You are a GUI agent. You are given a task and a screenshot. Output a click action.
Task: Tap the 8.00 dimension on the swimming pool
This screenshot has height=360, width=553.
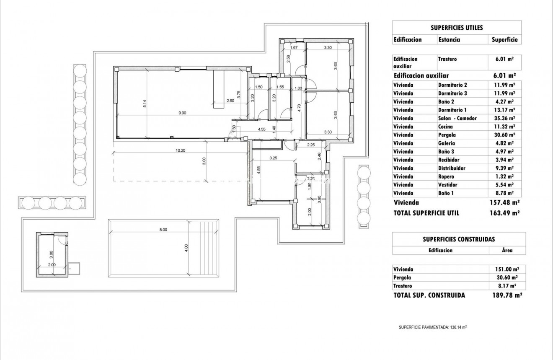[x=163, y=229]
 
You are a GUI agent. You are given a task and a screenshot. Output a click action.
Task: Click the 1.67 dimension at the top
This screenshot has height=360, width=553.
[x=294, y=48]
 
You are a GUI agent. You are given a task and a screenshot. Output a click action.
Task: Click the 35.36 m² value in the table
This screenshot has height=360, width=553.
[x=505, y=118]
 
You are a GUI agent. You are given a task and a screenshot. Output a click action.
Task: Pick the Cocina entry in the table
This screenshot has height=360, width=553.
[x=445, y=127]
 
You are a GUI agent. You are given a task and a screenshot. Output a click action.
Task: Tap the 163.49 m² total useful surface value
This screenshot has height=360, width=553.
[x=505, y=213]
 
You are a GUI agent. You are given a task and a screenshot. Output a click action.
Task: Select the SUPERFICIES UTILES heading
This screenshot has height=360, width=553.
[x=457, y=28]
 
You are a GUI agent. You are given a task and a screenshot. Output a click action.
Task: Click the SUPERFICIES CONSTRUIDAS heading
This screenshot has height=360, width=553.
[x=459, y=239]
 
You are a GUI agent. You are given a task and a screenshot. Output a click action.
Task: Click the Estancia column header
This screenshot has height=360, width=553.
[x=449, y=40]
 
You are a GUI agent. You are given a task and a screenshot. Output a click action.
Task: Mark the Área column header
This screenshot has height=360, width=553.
[x=507, y=250]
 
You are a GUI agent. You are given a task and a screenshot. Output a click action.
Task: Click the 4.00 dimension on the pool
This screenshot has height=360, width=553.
[x=186, y=248]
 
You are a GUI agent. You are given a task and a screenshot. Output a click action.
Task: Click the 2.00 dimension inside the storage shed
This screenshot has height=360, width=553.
[x=52, y=265]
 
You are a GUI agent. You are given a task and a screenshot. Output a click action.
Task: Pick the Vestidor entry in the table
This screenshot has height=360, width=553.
[x=447, y=185]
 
